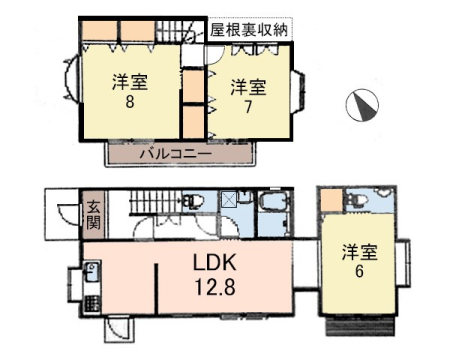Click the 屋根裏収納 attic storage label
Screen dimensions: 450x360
pyautogui.click(x=248, y=30)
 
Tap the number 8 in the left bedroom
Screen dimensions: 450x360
pyautogui.click(x=130, y=101)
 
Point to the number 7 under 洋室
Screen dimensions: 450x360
pyautogui.click(x=248, y=107)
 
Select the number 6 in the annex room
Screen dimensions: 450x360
pyautogui.click(x=359, y=271)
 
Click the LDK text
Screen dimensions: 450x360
pyautogui.click(x=215, y=262)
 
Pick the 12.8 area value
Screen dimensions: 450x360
pyautogui.click(x=215, y=287)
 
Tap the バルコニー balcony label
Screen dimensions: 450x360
pyautogui.click(x=176, y=154)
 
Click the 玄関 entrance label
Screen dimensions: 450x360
pyautogui.click(x=93, y=215)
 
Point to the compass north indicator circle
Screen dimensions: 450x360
pyautogui.click(x=362, y=105)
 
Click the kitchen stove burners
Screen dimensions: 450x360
pyautogui.click(x=91, y=304)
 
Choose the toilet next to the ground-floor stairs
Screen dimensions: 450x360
pyautogui.click(x=193, y=202)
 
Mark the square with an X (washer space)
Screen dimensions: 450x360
pyautogui.click(x=229, y=200)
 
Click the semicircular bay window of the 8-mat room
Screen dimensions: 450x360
pyautogui.click(x=71, y=79)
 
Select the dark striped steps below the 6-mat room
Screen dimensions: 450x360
pyautogui.click(x=360, y=326)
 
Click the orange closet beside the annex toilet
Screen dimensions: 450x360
pyautogui.click(x=332, y=201)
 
